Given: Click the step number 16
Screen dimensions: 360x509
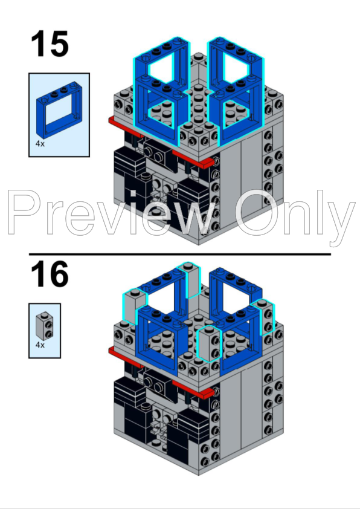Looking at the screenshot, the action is click(x=50, y=274).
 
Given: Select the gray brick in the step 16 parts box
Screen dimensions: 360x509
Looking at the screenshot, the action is click(x=45, y=326).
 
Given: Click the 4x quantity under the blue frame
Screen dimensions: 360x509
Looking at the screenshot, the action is click(x=40, y=144).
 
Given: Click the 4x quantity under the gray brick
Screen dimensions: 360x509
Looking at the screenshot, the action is click(x=40, y=345).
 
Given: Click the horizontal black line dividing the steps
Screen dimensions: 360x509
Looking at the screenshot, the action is click(x=180, y=254).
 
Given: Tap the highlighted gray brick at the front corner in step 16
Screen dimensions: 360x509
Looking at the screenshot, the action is click(x=209, y=344).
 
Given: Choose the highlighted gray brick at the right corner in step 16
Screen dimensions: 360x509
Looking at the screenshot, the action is click(x=266, y=317).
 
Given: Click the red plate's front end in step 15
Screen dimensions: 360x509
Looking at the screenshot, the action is click(x=208, y=164).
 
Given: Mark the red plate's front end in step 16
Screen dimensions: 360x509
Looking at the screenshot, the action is click(x=208, y=394).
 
